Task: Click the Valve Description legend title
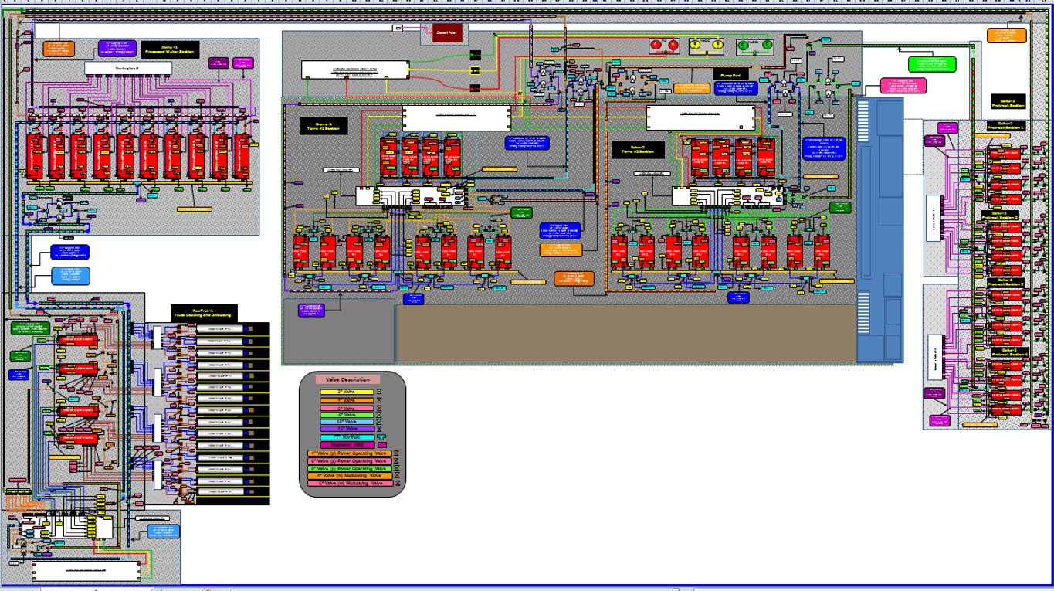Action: click(x=347, y=379)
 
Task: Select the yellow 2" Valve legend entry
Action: click(x=347, y=392)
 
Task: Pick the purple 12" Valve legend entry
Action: click(x=347, y=429)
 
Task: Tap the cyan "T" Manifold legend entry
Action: click(x=347, y=436)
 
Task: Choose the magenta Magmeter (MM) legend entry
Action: click(x=347, y=445)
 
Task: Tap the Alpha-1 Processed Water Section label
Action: click(x=170, y=50)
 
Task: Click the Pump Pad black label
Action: click(x=730, y=75)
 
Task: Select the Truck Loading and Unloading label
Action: click(x=205, y=313)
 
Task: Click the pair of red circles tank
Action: click(x=664, y=46)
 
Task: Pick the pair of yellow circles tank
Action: click(x=706, y=46)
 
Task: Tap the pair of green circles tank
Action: click(x=755, y=46)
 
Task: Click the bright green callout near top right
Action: click(x=932, y=64)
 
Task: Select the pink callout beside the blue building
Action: click(x=903, y=85)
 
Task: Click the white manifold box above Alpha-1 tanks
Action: click(x=127, y=69)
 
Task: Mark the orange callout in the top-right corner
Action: click(x=1008, y=36)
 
